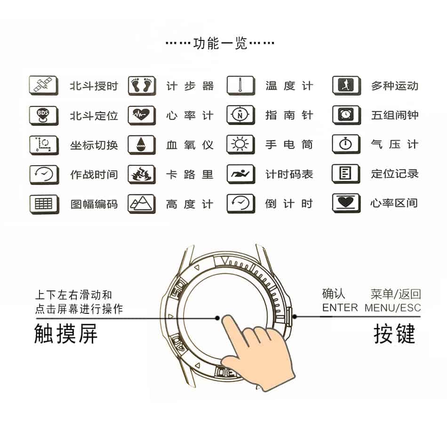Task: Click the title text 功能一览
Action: pos(220,44)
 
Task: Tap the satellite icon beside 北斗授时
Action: pos(44,86)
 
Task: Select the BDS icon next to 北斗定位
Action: pos(44,115)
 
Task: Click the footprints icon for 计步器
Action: pos(142,86)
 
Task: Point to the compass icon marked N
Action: pos(240,115)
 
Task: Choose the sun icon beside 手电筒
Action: pos(240,144)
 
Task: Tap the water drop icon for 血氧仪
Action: pos(142,144)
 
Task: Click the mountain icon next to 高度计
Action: pos(142,204)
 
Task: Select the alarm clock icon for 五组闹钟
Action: pos(346,115)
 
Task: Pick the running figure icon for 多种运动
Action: pos(346,86)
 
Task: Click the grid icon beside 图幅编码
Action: pos(44,204)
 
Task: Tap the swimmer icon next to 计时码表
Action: pos(240,174)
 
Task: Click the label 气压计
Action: pos(394,144)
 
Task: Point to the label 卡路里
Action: pos(190,174)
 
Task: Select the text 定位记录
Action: pos(394,174)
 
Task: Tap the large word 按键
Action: pos(394,335)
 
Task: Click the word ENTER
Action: pos(340,308)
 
